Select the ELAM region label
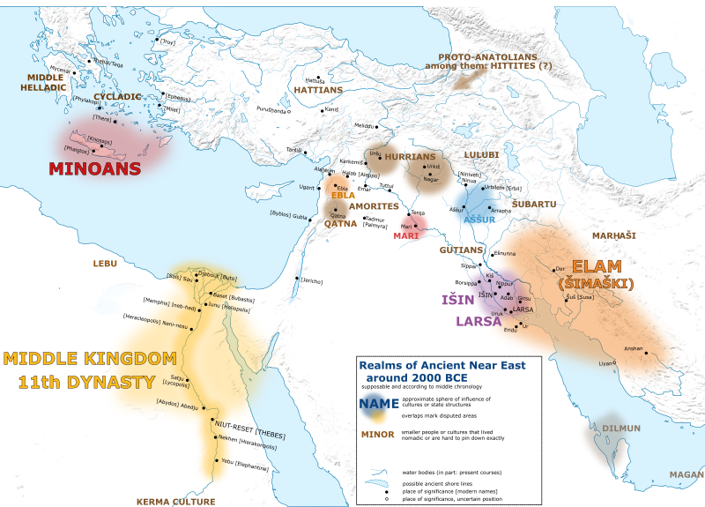(597, 266)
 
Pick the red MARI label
(406, 236)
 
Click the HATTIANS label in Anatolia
(317, 90)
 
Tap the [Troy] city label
(167, 41)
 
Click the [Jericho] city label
(311, 281)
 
